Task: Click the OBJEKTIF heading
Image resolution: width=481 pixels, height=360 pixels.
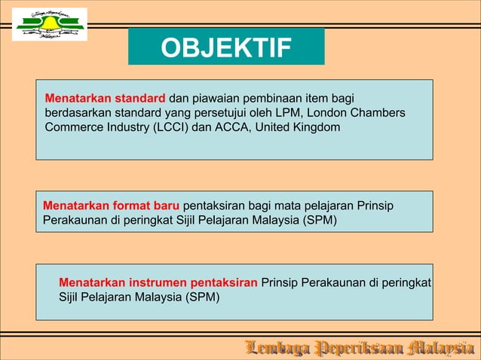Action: tap(226, 48)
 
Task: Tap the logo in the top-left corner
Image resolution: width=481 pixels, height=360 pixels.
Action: tap(50, 24)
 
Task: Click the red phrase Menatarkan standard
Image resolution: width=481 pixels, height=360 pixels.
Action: tap(105, 99)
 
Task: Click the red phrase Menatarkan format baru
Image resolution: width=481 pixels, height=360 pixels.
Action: tap(112, 206)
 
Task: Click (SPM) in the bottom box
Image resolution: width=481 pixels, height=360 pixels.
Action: tap(203, 297)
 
